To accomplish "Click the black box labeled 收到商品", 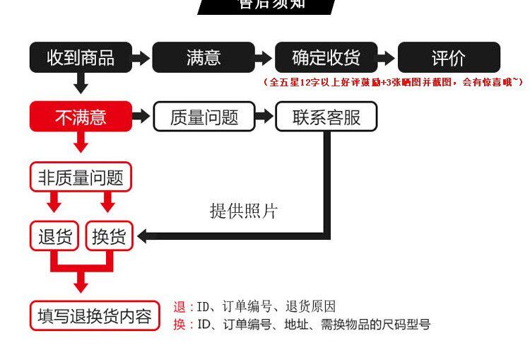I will (x=81, y=57).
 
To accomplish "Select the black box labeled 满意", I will (x=204, y=57).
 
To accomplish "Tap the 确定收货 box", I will (x=326, y=57).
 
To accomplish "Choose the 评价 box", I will (x=449, y=57).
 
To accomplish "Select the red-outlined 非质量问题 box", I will (x=81, y=177).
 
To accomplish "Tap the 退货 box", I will (x=55, y=236).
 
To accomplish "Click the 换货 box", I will (x=109, y=236).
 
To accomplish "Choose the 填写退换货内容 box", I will (x=95, y=316).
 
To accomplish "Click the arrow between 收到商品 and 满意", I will (x=142, y=58).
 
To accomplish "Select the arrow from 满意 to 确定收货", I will (x=264, y=58).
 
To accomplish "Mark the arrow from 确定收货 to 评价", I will (x=387, y=58).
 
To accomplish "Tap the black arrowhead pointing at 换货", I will (x=142, y=236).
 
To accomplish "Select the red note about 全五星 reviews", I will (x=393, y=83).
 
